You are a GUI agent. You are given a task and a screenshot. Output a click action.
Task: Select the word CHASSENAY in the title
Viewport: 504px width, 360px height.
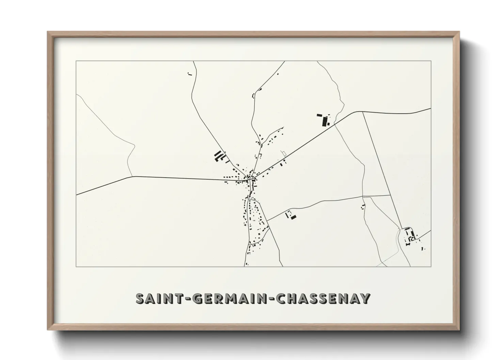pos(324,298)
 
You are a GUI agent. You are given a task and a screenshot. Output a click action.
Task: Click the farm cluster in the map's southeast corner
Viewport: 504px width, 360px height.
pos(410,236)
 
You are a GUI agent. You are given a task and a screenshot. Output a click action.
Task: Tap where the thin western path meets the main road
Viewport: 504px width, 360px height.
pos(132,177)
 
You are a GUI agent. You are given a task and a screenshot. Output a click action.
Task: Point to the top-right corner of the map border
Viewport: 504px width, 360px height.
pos(431,61)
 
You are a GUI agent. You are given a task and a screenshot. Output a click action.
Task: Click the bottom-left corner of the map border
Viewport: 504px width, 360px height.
pos(76,266)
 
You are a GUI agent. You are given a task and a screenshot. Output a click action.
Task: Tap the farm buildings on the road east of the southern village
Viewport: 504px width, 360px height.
pos(291,215)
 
